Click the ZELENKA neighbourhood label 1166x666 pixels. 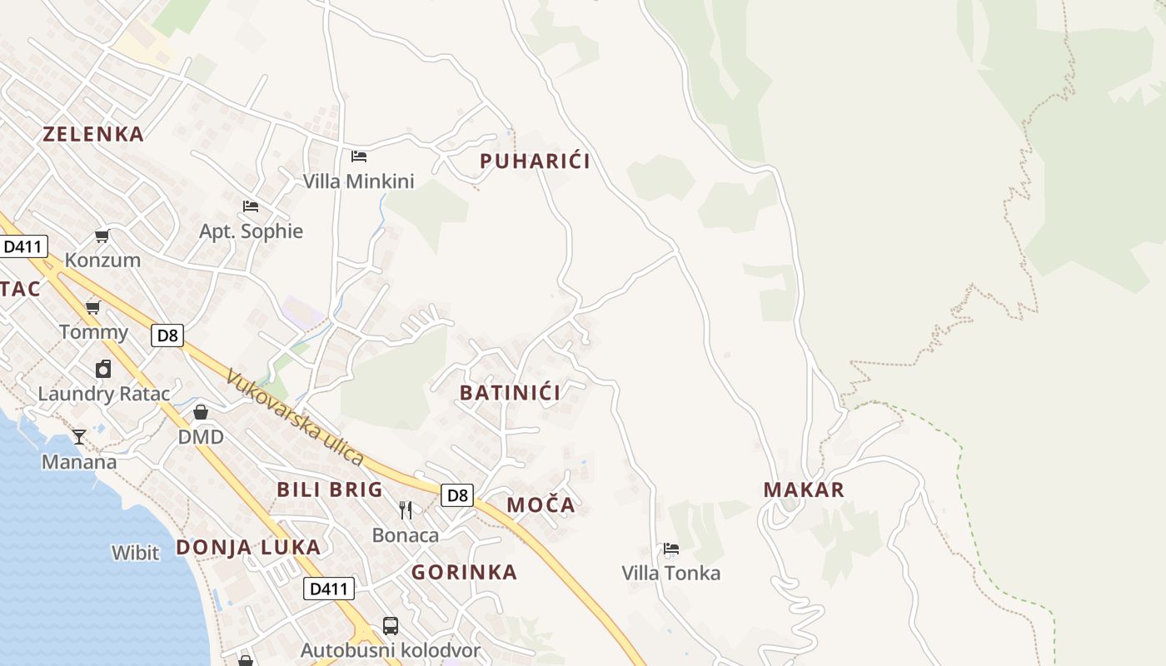coord(93,134)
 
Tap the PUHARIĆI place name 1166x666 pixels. coord(535,162)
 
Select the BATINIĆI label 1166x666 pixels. coord(511,393)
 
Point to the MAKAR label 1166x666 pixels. coord(804,490)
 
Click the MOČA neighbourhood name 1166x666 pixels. coord(541,504)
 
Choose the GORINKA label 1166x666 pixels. coord(464,573)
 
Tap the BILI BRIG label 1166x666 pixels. coord(330,490)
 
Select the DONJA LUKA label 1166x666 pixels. coord(248,548)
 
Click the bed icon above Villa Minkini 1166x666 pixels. coord(359,156)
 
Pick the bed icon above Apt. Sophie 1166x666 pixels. coord(251,206)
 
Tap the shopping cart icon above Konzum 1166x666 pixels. coord(102,236)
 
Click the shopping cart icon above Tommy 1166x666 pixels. coord(93,307)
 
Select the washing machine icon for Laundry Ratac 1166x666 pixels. coord(103,369)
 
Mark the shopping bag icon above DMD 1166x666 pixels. coord(201,412)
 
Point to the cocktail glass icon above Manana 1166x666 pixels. coord(79,436)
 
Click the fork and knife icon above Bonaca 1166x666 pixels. coord(406,509)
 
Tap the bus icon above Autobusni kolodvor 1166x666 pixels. coord(390,625)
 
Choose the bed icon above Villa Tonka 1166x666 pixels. coord(671,548)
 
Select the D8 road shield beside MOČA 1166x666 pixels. coord(457,495)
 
